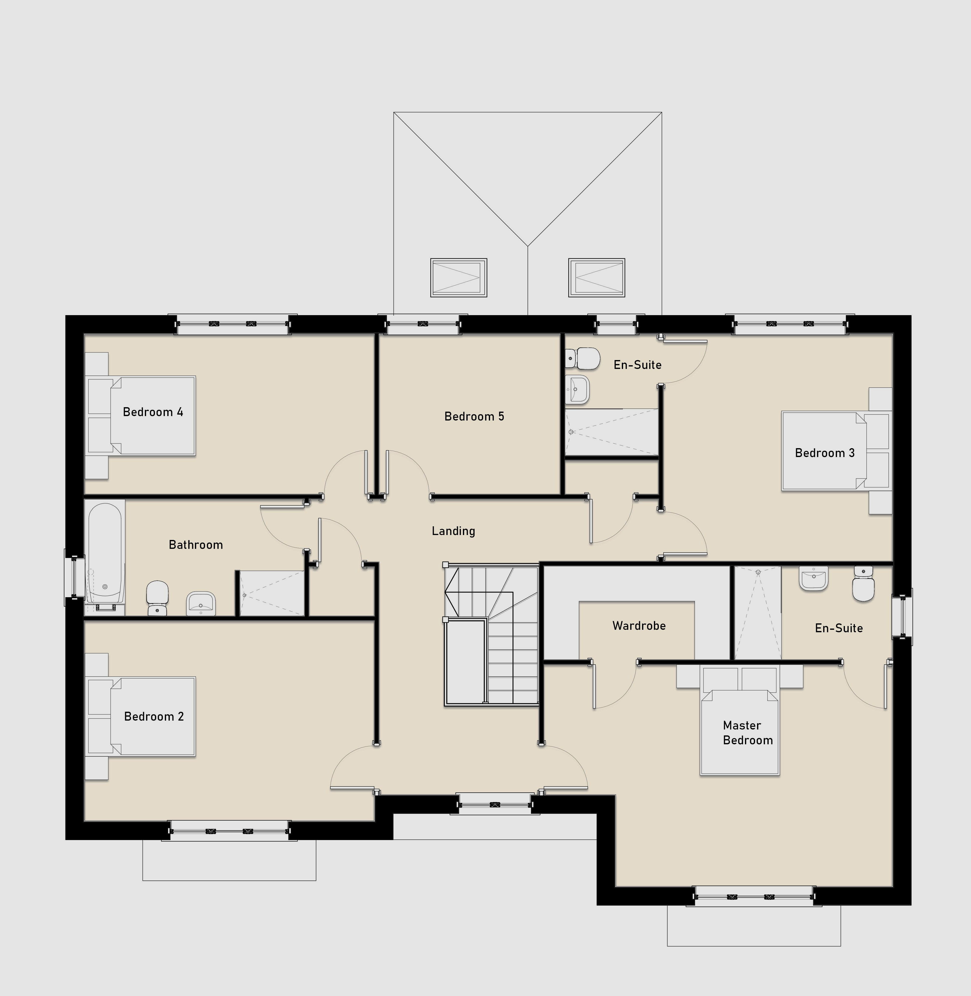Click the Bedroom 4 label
153,412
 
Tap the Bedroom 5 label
474,417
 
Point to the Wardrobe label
639,626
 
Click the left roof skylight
458,277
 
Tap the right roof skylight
597,277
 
